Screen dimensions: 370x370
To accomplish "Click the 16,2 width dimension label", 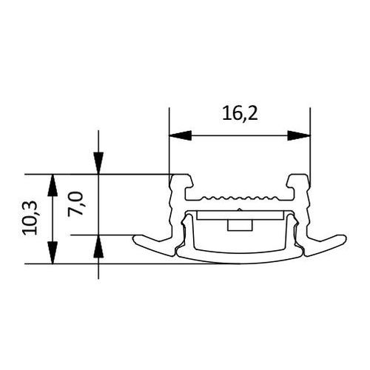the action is click(x=240, y=114).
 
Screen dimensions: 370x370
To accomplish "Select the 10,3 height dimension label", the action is click(x=30, y=218).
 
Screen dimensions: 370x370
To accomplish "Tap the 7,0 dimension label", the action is click(x=75, y=204).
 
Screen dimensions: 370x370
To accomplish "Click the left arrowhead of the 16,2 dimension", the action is click(x=181, y=135).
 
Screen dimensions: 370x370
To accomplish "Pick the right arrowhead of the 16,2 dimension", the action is click(x=299, y=135).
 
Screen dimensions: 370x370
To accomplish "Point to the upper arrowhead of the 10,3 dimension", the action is click(x=53, y=185).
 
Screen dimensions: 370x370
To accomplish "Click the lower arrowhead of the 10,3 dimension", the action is click(x=53, y=252).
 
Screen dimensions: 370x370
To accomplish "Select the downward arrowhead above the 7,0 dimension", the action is click(x=98, y=164).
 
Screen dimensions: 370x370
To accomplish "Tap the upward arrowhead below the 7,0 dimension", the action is click(x=98, y=246).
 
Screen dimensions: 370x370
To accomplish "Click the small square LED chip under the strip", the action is click(x=240, y=226).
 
